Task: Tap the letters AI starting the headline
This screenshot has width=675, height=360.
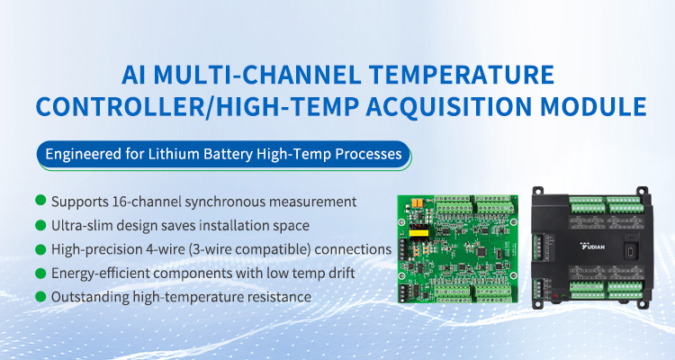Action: (134, 74)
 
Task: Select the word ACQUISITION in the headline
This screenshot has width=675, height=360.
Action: (449, 106)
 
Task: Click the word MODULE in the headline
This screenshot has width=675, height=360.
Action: (594, 106)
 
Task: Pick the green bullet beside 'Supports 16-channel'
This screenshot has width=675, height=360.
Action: (40, 200)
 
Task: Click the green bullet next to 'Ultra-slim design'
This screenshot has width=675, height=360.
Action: (40, 225)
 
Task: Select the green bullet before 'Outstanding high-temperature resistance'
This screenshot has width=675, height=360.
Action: (40, 296)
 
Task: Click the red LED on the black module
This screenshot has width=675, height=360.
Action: (555, 296)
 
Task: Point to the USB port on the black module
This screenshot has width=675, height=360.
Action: (631, 250)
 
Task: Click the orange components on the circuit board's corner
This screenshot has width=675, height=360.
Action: (417, 202)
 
